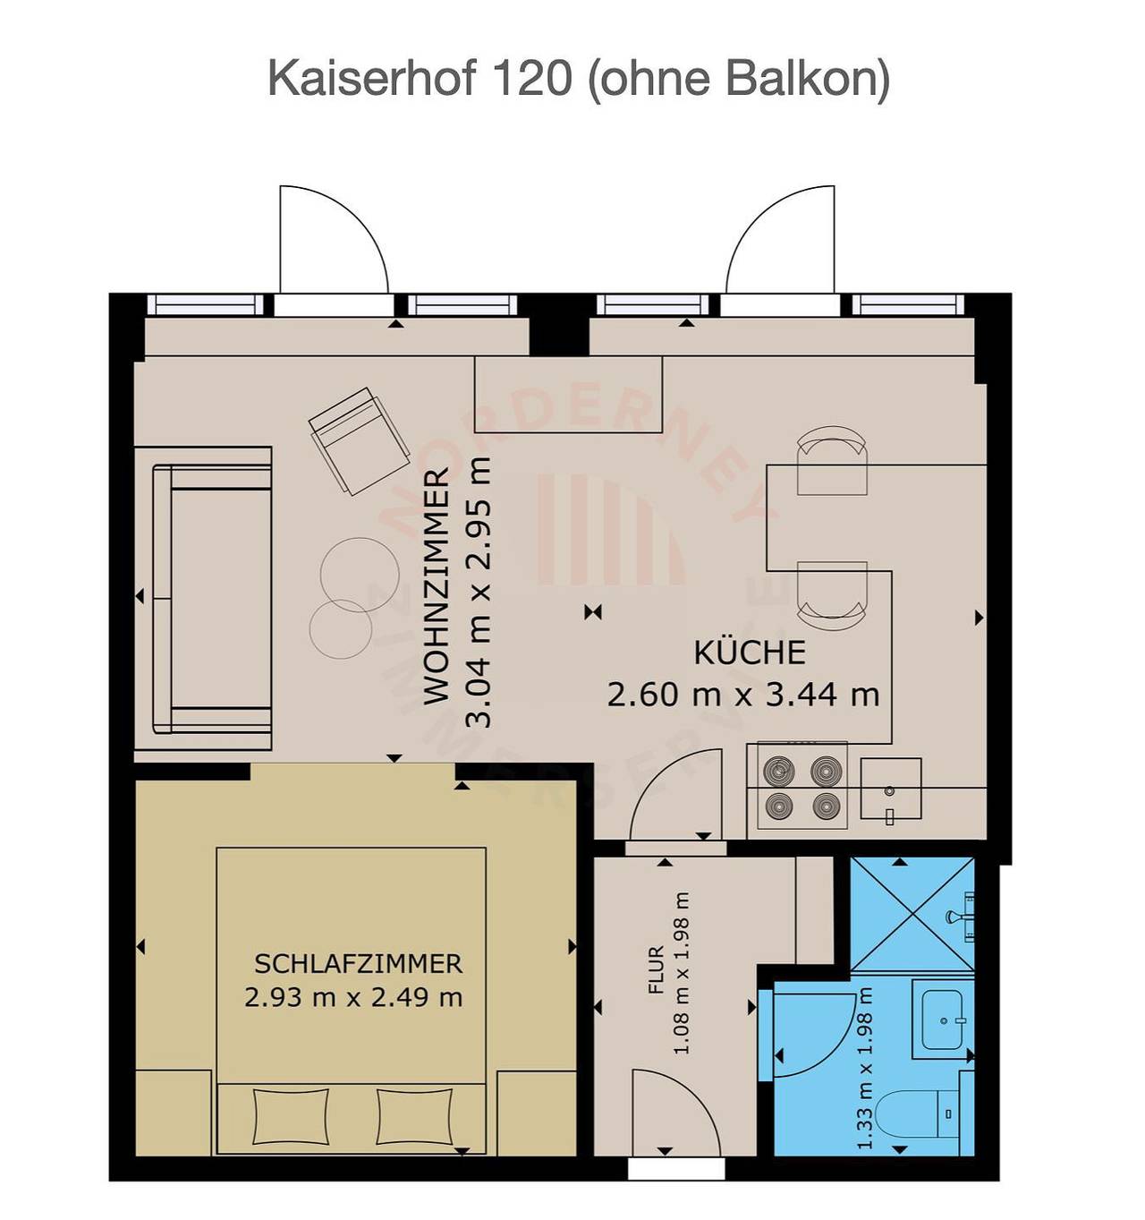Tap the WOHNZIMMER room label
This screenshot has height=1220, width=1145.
coord(437,586)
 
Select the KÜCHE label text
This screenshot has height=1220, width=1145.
coord(750,653)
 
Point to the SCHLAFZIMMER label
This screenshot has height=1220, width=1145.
coord(359,964)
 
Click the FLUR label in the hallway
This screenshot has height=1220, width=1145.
coord(657,970)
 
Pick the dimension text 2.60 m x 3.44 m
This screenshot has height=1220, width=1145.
coord(742,695)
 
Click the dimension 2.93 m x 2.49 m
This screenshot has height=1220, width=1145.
coord(353,997)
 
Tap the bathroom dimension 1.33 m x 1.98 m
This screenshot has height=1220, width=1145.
coord(865,1068)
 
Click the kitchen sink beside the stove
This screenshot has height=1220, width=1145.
coord(891,788)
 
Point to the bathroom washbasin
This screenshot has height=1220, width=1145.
coord(943,1019)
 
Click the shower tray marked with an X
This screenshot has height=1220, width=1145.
coord(912,913)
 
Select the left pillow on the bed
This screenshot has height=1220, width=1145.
coord(291,1115)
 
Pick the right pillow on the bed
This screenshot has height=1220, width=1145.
coord(414,1115)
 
